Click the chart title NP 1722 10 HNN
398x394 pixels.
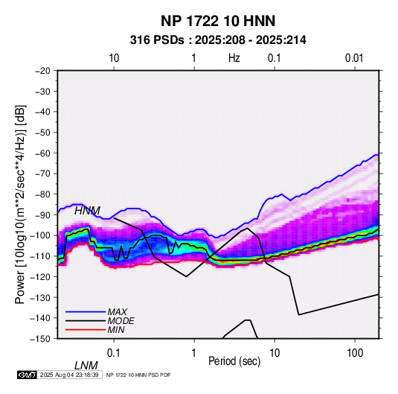point(218,21)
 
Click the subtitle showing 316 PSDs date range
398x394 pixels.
point(218,40)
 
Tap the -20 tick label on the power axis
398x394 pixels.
point(43,71)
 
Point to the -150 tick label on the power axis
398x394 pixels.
point(41,339)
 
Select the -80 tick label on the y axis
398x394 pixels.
point(43,194)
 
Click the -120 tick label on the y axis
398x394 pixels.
point(41,276)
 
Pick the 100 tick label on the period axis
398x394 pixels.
point(355,353)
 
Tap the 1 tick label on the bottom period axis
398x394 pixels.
point(194,353)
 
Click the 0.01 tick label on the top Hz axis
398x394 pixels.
point(354,58)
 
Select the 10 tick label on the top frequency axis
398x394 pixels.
point(114,58)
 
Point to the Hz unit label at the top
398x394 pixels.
point(234,58)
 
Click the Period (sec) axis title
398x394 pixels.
point(234,361)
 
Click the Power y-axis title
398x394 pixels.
point(20,204)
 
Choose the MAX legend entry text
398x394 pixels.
point(118,312)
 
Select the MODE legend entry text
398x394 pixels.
point(121,321)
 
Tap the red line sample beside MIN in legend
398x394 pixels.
point(86,330)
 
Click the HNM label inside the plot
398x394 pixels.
point(87,211)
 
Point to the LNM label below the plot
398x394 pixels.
point(86,366)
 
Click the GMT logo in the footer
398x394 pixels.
point(27,375)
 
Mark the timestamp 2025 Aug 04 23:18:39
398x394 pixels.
point(69,375)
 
